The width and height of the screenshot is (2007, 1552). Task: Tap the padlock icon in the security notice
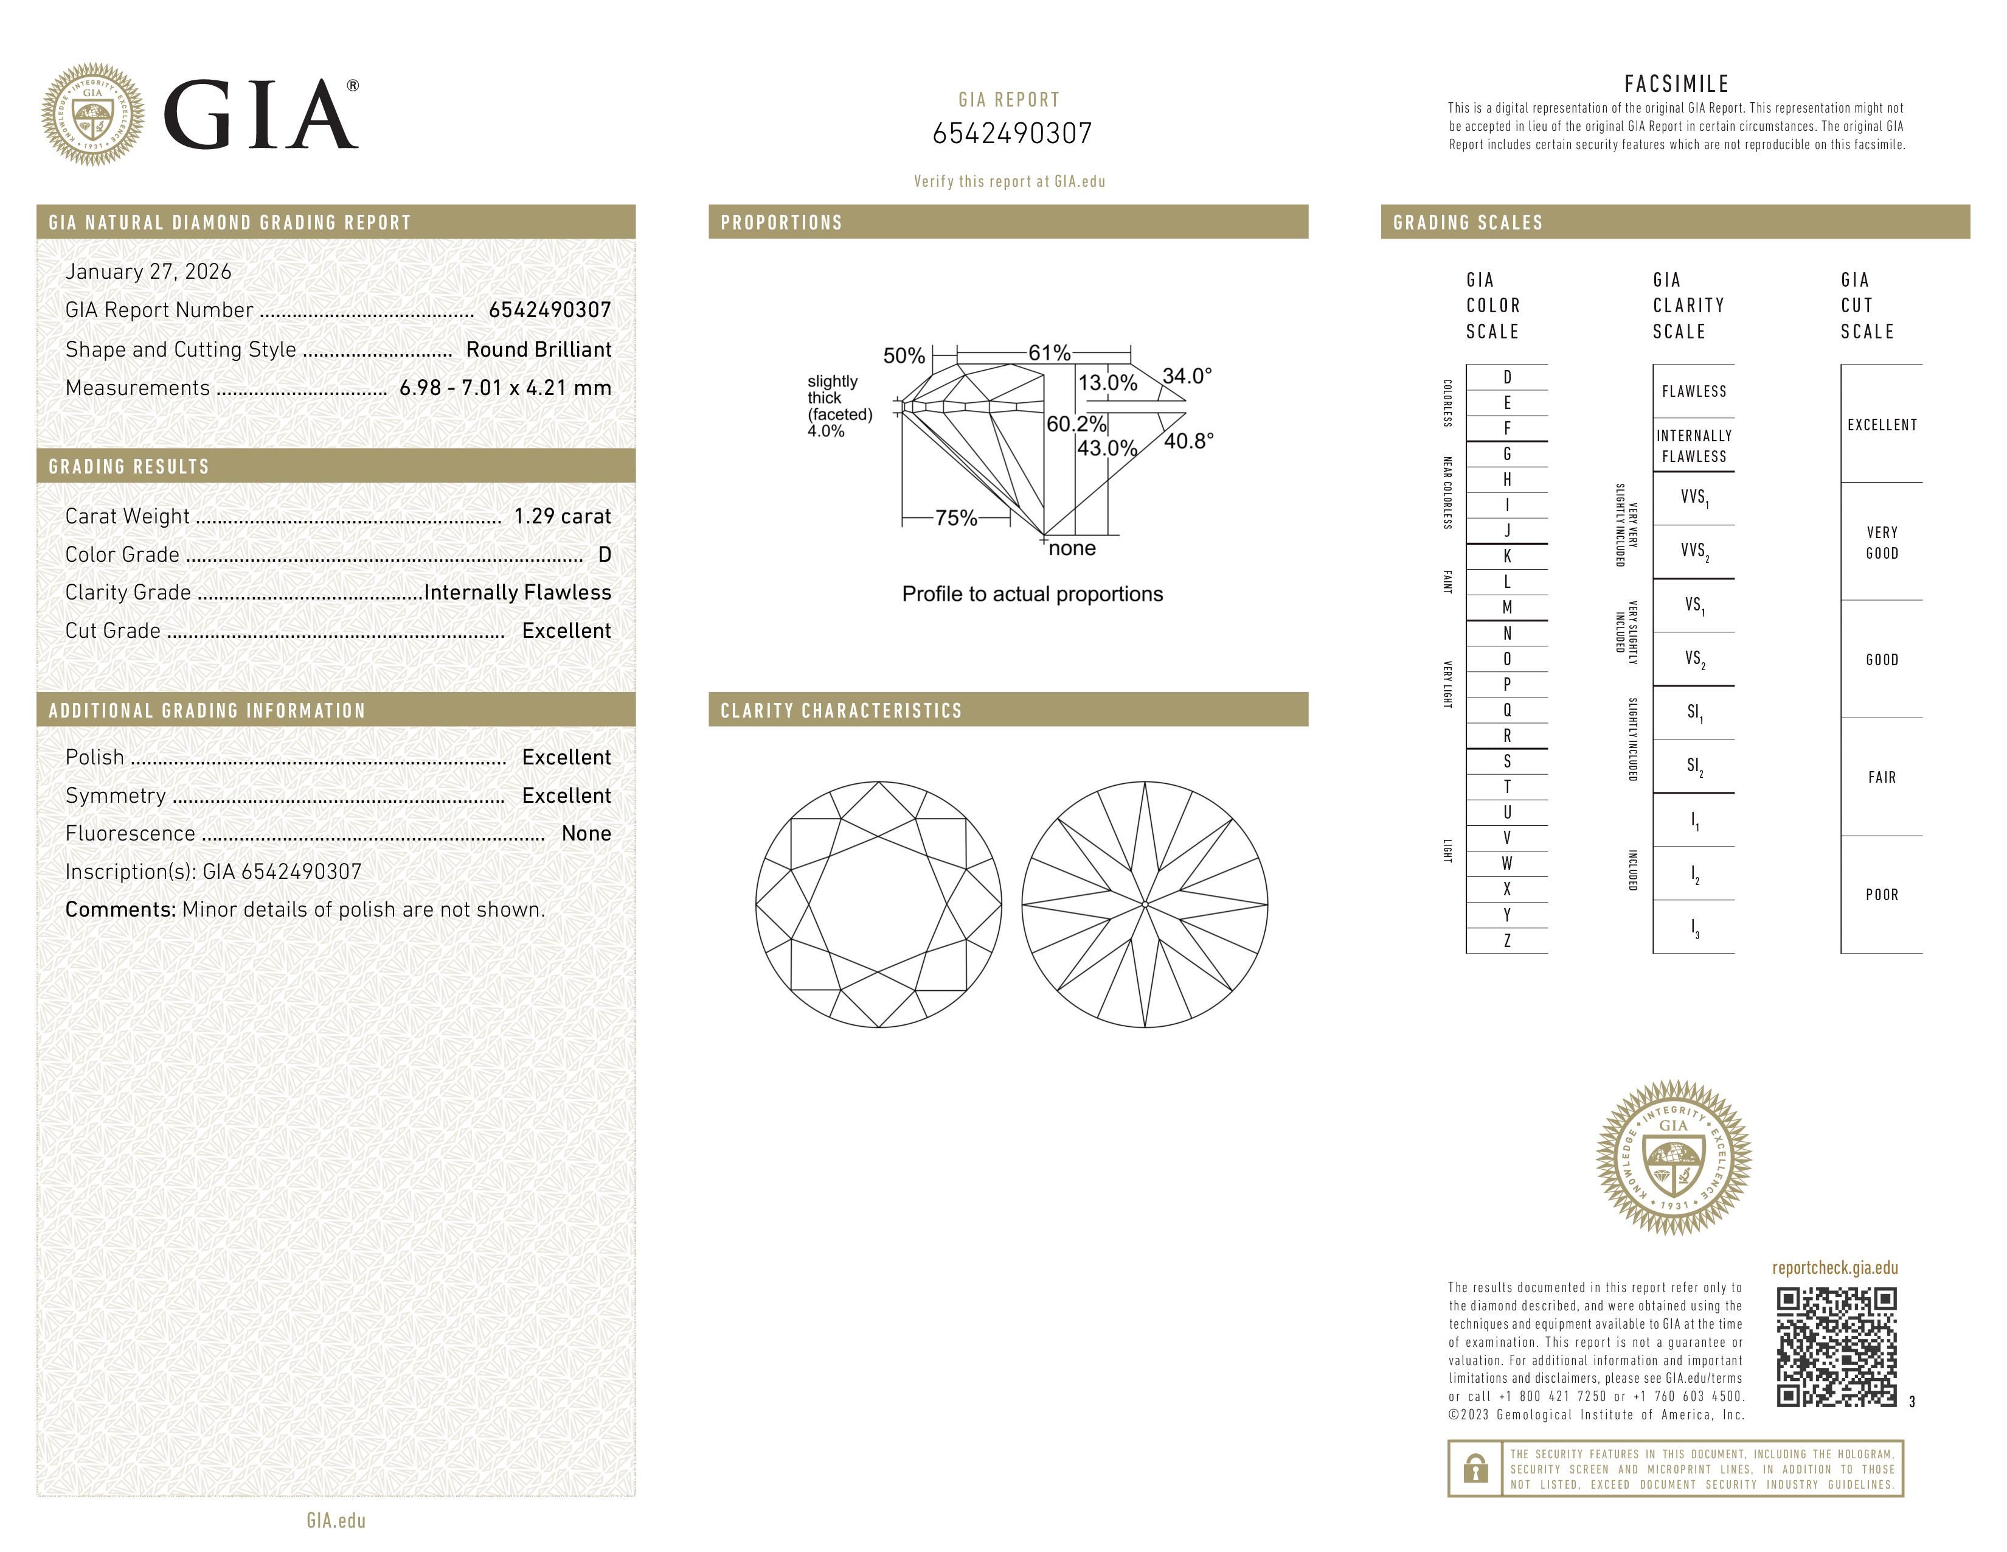point(1475,1469)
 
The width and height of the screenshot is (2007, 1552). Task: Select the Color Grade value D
point(604,554)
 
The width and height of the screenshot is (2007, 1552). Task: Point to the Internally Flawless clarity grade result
point(518,592)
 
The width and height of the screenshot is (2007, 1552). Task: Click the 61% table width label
point(1049,353)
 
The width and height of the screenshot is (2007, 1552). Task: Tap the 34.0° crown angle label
point(1187,376)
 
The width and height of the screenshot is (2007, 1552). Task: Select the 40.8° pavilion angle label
point(1188,441)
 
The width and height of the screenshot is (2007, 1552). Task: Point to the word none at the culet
point(1072,549)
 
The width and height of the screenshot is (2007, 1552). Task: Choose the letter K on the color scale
point(1507,556)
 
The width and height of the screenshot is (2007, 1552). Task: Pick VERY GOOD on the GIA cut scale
point(1881,542)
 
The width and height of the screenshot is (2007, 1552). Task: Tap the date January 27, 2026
point(148,271)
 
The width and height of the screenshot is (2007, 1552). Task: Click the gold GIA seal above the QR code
point(1674,1156)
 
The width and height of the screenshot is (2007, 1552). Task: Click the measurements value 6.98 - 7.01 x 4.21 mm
point(505,388)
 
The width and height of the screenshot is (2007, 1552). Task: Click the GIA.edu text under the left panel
point(336,1520)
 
